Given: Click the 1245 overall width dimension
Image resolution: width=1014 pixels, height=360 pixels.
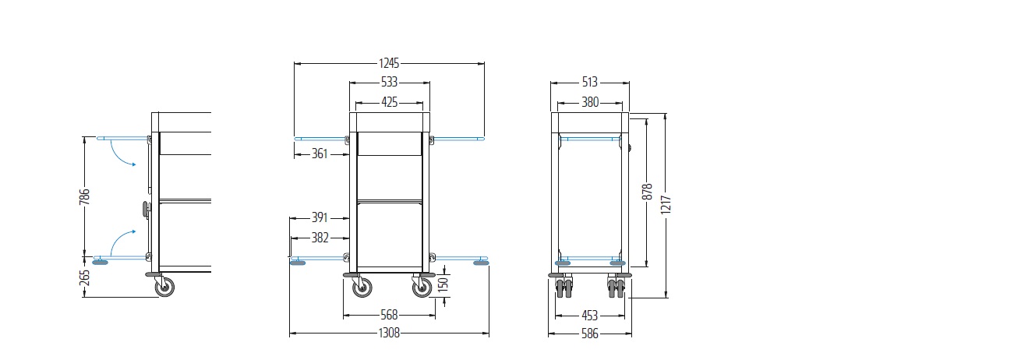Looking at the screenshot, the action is pyautogui.click(x=389, y=63).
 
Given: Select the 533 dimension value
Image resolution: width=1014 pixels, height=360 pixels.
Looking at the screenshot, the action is pyautogui.click(x=389, y=82).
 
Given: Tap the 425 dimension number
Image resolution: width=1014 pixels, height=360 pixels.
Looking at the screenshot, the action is pyautogui.click(x=389, y=102).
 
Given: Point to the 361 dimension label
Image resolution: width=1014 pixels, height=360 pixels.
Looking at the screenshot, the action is pyautogui.click(x=320, y=154).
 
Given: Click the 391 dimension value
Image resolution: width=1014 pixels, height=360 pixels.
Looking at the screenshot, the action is pyautogui.click(x=320, y=218).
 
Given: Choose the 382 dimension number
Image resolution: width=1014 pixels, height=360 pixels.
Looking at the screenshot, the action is pyautogui.click(x=320, y=238).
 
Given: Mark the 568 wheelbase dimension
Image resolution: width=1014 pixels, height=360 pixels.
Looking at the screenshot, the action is pyautogui.click(x=389, y=315).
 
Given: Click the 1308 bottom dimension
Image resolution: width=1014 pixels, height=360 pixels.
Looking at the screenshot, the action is pyautogui.click(x=389, y=334).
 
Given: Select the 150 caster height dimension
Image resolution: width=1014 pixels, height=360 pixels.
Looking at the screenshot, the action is pyautogui.click(x=443, y=284).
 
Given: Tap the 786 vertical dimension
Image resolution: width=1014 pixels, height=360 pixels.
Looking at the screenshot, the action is pyautogui.click(x=85, y=196).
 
